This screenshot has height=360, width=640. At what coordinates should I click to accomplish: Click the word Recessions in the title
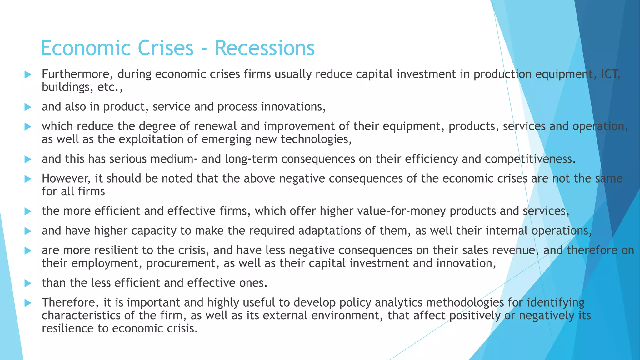[x=265, y=48]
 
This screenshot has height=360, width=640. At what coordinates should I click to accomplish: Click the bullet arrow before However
[x=28, y=179]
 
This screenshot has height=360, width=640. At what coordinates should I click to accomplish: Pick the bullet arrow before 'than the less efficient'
[x=28, y=283]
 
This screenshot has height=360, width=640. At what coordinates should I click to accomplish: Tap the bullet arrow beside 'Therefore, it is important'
[x=28, y=303]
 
